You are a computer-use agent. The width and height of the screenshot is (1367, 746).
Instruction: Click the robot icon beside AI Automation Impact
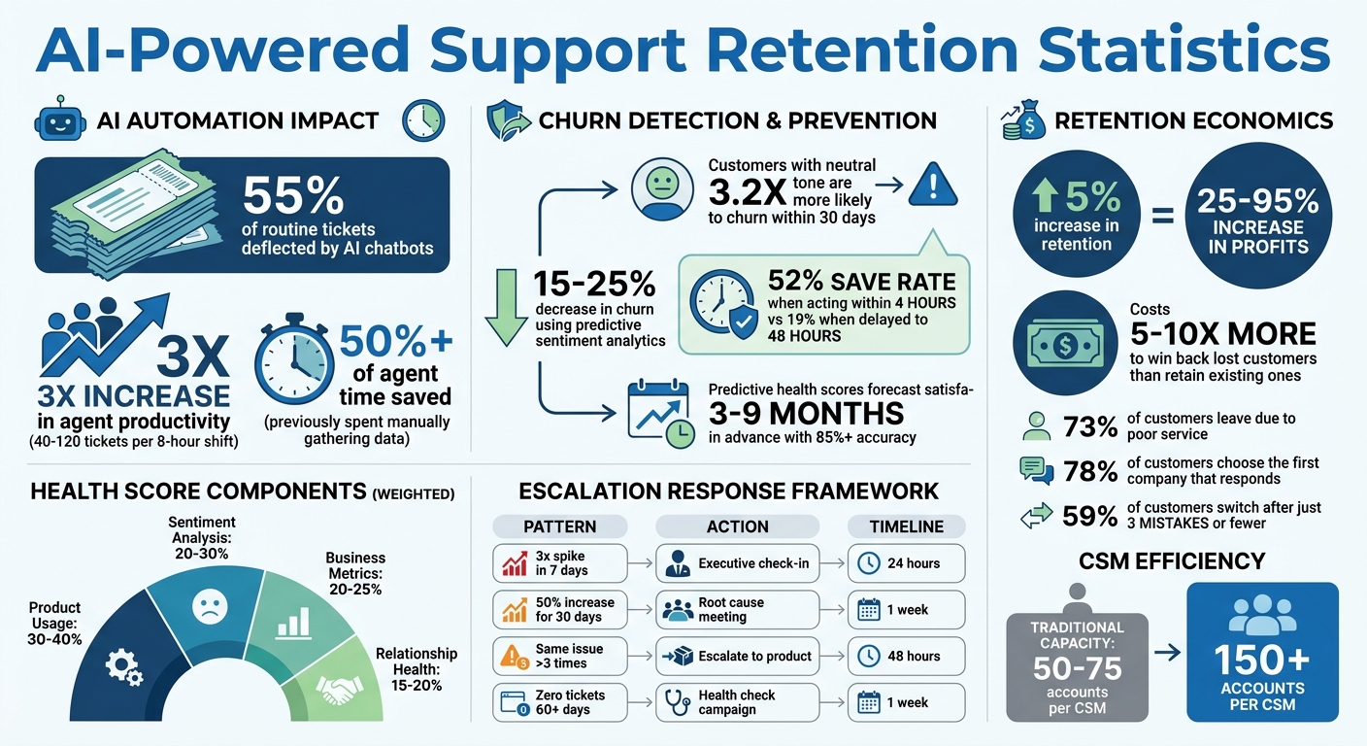pos(56,120)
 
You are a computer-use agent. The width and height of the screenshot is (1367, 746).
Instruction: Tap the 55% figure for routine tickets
pos(292,197)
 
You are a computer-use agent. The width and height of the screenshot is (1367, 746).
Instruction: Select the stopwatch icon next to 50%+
pos(293,359)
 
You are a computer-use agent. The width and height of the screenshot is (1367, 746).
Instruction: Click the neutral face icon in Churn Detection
pos(661,189)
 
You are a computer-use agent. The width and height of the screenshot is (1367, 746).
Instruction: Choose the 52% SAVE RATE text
pos(861,282)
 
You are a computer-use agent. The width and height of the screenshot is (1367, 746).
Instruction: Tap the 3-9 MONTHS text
pos(806,413)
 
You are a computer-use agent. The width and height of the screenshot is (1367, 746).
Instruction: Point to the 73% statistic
pos(1089,427)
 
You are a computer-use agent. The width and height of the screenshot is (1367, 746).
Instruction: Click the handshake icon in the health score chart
pos(338,691)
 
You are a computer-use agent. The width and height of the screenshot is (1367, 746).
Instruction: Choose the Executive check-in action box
pos(737,562)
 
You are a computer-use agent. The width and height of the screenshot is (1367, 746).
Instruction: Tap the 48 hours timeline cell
pos(907,656)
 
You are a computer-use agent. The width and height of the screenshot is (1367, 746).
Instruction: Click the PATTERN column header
pos(560,526)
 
